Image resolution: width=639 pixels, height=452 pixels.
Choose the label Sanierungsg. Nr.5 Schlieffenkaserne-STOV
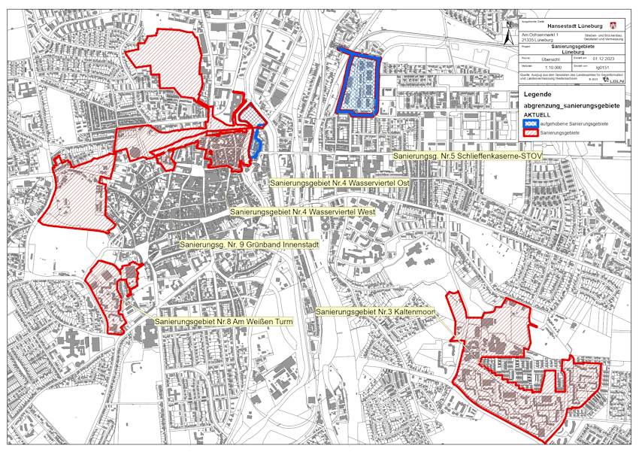pos(467,156)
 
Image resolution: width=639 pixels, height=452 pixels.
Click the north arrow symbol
pos(509,34)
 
